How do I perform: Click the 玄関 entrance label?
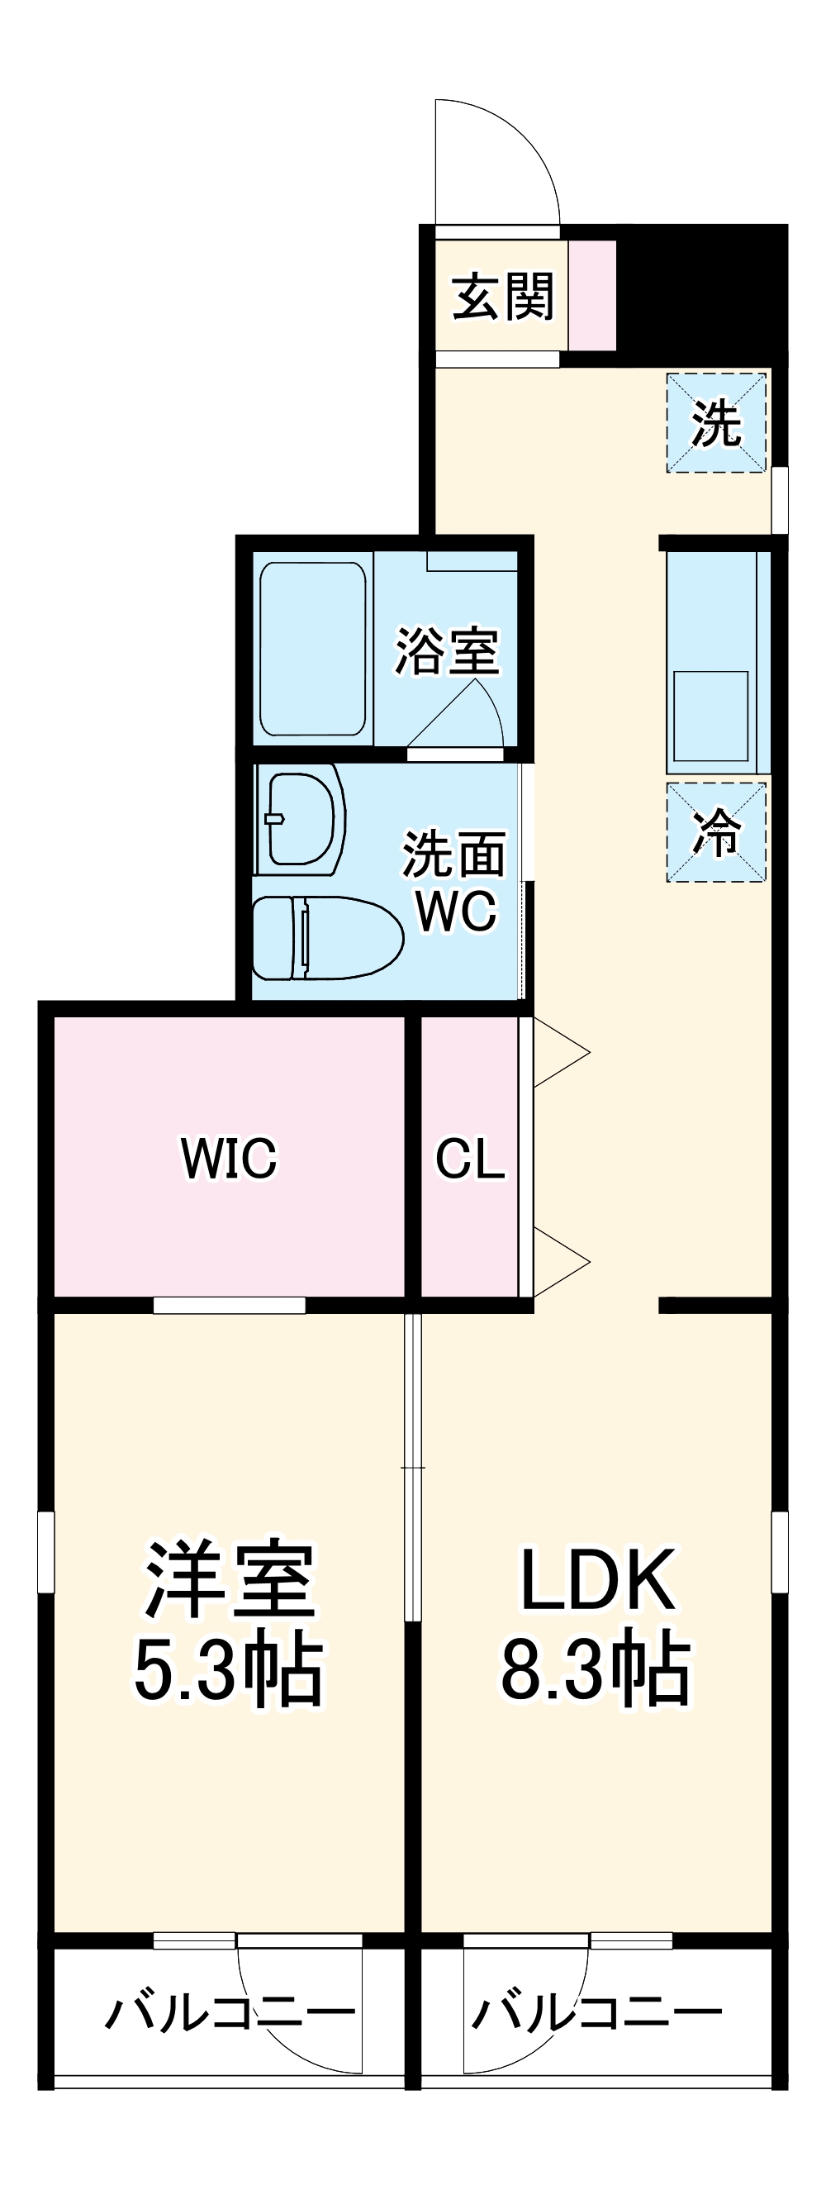coord(502,297)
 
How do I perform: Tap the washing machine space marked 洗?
coord(716,422)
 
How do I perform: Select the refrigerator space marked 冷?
coord(716,832)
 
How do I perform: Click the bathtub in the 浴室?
coord(313,649)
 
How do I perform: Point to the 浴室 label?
coord(447,652)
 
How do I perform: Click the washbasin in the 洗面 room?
coord(300,821)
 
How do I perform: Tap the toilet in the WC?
coord(326,938)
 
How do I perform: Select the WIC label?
coord(229,1157)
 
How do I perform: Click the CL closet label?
coord(470,1158)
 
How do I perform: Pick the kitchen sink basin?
coord(711,715)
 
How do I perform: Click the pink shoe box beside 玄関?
coord(592,295)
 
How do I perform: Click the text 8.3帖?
coord(596,1669)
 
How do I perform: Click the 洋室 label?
coord(230,1579)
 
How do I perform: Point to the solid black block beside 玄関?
coord(701,289)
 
